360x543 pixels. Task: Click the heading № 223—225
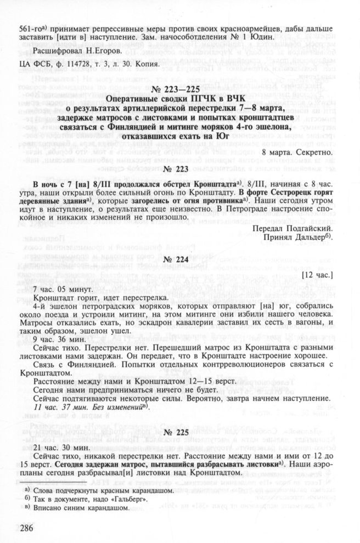click(182, 90)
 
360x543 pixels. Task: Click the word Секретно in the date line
click(313, 152)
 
